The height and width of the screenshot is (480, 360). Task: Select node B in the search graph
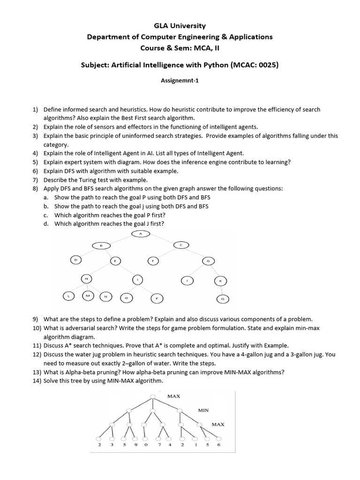click(100, 245)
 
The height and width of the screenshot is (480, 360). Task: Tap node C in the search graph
click(181, 244)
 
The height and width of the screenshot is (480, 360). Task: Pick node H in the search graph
click(86, 278)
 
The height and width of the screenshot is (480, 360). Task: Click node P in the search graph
click(157, 298)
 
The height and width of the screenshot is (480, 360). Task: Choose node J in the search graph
click(187, 280)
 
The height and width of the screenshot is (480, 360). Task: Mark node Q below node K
click(223, 298)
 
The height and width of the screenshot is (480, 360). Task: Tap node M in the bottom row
click(88, 296)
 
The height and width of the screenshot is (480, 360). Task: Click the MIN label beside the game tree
click(203, 410)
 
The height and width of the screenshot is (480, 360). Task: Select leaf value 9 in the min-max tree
click(135, 445)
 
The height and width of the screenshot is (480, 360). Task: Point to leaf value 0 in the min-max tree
click(146, 445)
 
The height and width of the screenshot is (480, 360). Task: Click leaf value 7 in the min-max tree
click(160, 445)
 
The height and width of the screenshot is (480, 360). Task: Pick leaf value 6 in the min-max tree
click(218, 445)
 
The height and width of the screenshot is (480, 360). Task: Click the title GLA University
click(180, 26)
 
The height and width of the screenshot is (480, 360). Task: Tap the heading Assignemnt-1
click(180, 81)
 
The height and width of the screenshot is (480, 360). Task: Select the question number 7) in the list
click(35, 180)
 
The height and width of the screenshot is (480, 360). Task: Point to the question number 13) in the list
click(37, 372)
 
